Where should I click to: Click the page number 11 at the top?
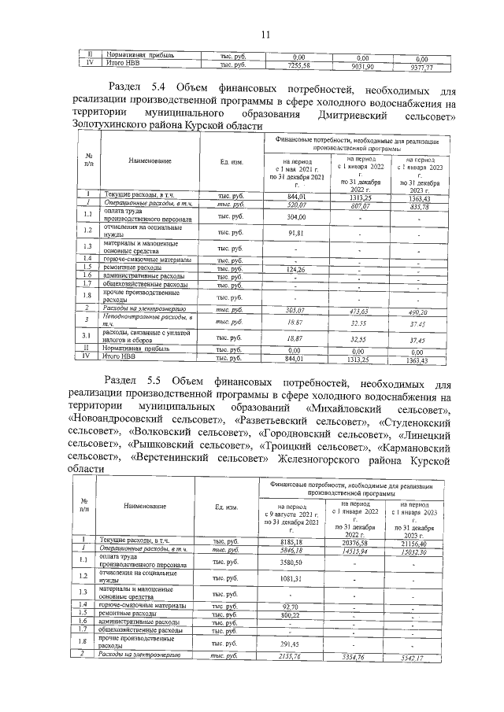(265, 33)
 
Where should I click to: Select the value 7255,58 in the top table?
(298, 66)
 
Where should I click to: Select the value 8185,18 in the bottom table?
(292, 541)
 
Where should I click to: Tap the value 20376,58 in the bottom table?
(361, 541)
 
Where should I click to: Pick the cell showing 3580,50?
(292, 562)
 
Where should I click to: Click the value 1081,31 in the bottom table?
(292, 578)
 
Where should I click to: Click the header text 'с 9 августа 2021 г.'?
(292, 514)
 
